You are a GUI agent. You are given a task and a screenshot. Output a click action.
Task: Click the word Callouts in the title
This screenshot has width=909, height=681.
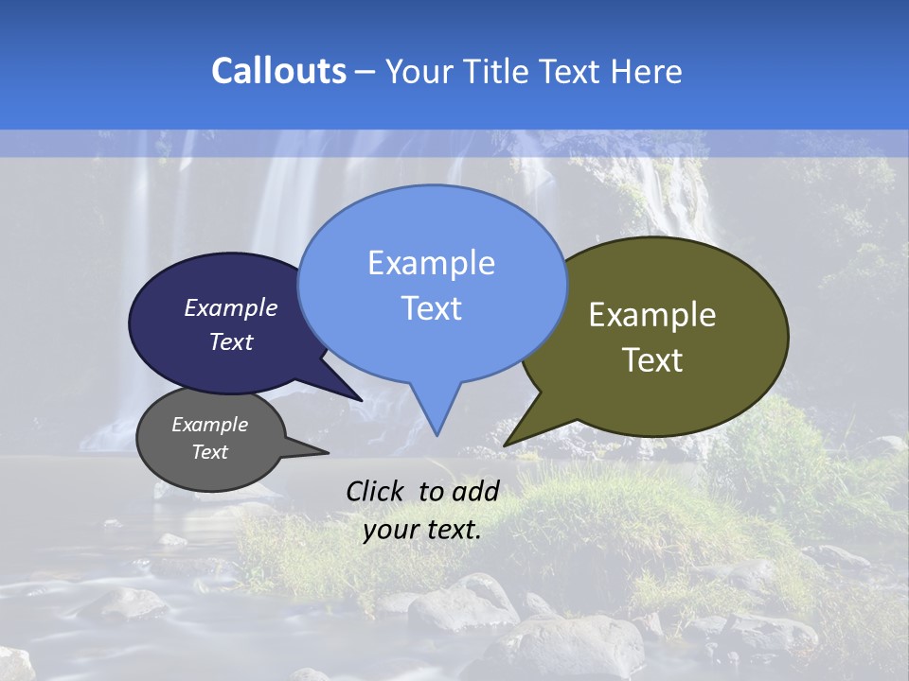(278, 71)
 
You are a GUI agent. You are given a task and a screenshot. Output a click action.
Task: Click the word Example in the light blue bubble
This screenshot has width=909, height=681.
(431, 263)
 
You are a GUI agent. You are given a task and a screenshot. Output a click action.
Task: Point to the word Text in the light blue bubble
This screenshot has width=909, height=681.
(431, 308)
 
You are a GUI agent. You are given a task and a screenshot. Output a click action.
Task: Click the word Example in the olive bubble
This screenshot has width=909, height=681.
(652, 315)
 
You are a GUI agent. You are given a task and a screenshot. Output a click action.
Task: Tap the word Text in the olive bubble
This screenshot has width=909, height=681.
(652, 360)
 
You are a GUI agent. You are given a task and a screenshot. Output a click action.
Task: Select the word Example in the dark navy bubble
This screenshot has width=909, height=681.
(231, 307)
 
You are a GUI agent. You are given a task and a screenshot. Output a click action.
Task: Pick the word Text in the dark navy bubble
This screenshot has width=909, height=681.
(231, 341)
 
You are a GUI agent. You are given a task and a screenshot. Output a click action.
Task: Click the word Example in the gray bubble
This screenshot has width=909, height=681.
(210, 425)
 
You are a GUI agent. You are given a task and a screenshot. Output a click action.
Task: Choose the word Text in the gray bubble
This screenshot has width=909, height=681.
(210, 452)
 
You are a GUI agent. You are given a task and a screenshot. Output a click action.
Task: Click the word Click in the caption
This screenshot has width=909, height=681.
(377, 491)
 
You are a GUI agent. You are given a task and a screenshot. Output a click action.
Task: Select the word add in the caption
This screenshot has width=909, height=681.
(475, 491)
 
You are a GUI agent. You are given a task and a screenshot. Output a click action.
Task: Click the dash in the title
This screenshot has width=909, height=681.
(366, 72)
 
